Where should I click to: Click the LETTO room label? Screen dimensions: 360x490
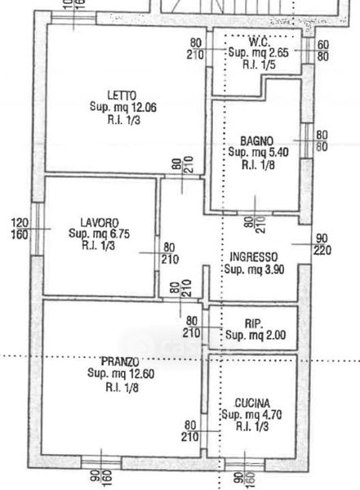pos(122,95)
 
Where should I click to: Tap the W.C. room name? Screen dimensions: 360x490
pos(260,42)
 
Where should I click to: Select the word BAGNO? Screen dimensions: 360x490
pos(256,141)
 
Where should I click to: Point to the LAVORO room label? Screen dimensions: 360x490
pos(100,222)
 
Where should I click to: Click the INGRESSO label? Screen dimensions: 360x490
pos(253,257)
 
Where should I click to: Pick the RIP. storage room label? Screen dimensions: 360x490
pos(253,323)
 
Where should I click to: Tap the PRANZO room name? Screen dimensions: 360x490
pos(120,362)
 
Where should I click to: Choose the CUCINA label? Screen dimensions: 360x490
pos(252,403)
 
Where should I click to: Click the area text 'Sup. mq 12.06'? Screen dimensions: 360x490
pos(123,107)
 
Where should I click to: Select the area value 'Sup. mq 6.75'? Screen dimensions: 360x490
pos(99,234)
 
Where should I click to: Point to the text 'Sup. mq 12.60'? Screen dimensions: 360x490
pos(121,374)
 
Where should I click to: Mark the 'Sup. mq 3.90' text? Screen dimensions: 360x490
pos(254,269)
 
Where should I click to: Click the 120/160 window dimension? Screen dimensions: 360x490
pos(20,229)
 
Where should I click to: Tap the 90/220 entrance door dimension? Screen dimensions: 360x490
pos(322,244)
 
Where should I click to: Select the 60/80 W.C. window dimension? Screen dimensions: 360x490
pos(323,51)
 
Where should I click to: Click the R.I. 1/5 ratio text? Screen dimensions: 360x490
pos(259,65)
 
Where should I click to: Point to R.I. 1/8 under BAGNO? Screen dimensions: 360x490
pos(258,165)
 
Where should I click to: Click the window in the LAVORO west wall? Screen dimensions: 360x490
pos(38,229)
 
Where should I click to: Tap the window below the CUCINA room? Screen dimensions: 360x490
pos(245,464)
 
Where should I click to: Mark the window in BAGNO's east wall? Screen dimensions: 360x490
pos(307,140)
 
